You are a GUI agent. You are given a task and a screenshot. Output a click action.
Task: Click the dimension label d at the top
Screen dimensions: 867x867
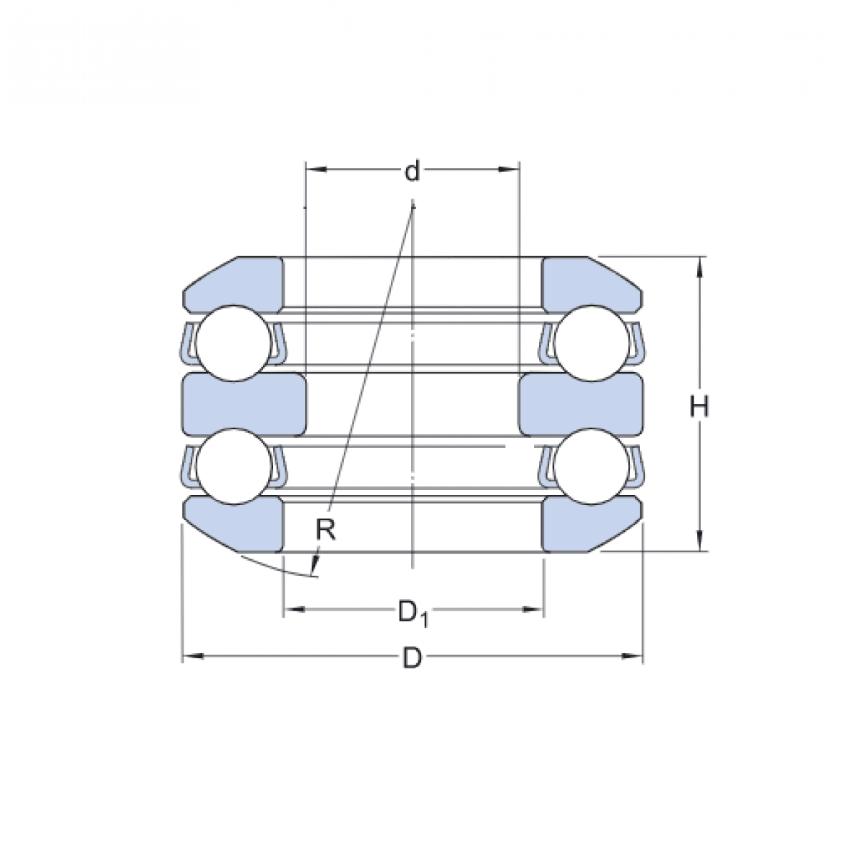[x=412, y=172]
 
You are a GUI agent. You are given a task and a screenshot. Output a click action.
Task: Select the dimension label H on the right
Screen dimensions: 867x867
[x=699, y=407]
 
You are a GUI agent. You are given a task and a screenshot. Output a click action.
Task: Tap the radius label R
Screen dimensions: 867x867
[x=326, y=531]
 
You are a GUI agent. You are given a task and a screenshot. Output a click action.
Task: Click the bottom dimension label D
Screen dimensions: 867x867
[x=412, y=658]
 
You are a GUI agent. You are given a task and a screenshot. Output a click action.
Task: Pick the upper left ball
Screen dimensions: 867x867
[x=230, y=342]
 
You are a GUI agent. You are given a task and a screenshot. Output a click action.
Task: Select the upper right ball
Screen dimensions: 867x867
[x=592, y=342]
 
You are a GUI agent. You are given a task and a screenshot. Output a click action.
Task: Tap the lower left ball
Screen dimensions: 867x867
[x=230, y=466]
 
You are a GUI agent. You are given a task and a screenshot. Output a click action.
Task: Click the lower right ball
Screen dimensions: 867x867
[x=592, y=466]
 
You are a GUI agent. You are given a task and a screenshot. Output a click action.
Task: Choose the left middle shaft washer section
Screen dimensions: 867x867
[x=244, y=405]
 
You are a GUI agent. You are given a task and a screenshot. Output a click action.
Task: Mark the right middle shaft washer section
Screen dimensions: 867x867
[x=581, y=405]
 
